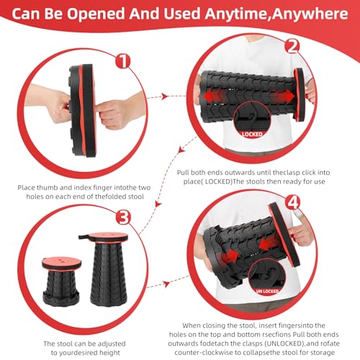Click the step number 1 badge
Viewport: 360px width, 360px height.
[x=123, y=60]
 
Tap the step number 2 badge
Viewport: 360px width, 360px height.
[x=292, y=46]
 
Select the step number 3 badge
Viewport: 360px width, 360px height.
[x=123, y=217]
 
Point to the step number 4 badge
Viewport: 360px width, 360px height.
[x=293, y=202]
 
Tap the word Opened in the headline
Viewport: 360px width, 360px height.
[x=96, y=14]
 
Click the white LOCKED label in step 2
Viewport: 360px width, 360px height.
[x=252, y=135]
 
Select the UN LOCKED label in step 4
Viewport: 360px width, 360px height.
[x=267, y=292]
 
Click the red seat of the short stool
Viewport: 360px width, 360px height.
[x=61, y=262]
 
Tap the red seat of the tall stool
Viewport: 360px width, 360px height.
[x=109, y=238]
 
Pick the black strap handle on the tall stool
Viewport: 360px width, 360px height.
[x=84, y=237]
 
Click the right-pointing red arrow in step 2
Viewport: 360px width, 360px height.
[x=283, y=96]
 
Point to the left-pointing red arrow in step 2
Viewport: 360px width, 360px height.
[x=215, y=96]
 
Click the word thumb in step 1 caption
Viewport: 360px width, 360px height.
[x=48, y=188]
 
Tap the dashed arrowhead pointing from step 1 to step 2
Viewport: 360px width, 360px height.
[x=164, y=96]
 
